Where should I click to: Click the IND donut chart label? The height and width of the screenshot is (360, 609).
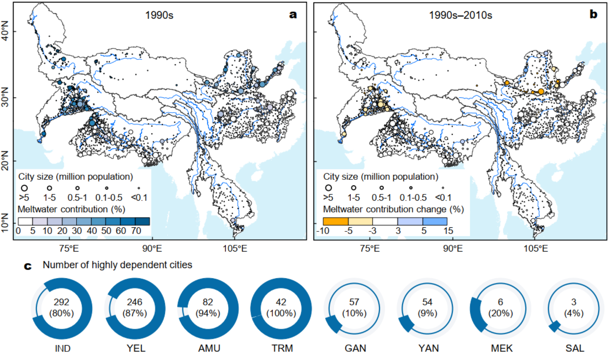(x=62, y=348)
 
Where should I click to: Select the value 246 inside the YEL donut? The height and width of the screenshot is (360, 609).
(x=134, y=302)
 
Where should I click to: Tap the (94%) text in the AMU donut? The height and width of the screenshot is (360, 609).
(x=208, y=313)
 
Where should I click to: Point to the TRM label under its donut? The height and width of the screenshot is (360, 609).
(x=282, y=348)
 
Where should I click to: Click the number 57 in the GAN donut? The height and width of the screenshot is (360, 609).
(x=354, y=302)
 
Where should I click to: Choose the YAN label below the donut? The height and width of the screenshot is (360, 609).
(x=429, y=348)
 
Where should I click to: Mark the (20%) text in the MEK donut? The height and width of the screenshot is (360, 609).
(x=501, y=313)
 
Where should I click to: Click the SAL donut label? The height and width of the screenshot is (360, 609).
(x=575, y=348)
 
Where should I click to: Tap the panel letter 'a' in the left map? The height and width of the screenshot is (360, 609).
(x=293, y=15)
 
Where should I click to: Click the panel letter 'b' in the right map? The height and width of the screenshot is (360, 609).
(x=593, y=14)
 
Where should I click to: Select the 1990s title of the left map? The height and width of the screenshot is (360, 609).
(x=159, y=15)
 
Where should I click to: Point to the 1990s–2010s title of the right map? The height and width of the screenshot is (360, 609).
(x=460, y=15)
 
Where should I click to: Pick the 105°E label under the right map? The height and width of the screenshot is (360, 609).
(x=535, y=249)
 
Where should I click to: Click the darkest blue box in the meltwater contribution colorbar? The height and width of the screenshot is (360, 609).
(x=143, y=221)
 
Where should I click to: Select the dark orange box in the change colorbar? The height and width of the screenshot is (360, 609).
(x=335, y=221)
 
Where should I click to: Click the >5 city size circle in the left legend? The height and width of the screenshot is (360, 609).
(x=25, y=188)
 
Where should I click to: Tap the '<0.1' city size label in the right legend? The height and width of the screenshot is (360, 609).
(x=443, y=198)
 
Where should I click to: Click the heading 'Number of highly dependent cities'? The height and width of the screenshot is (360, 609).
(x=117, y=265)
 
